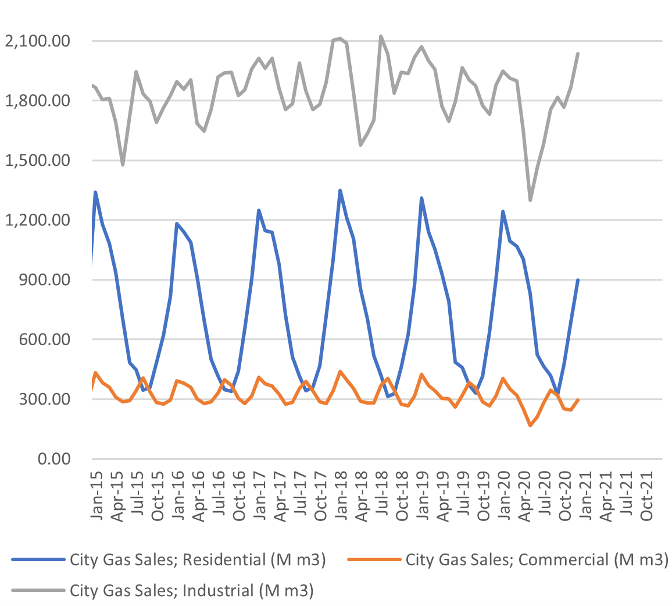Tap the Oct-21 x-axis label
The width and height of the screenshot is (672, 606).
[x=646, y=490]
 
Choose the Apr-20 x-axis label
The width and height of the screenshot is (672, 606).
[x=524, y=490]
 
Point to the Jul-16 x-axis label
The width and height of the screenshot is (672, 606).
[x=219, y=490]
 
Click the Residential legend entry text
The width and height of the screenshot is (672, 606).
[x=198, y=560]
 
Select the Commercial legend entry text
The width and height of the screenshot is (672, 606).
[x=534, y=560]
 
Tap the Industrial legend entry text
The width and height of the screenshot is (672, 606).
[x=192, y=590]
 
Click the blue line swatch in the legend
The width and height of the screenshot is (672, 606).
[x=38, y=560]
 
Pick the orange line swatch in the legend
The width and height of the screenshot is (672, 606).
[x=373, y=560]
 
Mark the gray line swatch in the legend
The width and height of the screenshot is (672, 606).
[x=38, y=590]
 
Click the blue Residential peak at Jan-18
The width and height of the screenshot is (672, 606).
[x=340, y=190]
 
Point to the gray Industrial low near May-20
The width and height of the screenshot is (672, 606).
[x=530, y=200]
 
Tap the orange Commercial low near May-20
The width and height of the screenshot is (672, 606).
[x=530, y=426]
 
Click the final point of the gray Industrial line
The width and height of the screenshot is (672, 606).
[x=578, y=54]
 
